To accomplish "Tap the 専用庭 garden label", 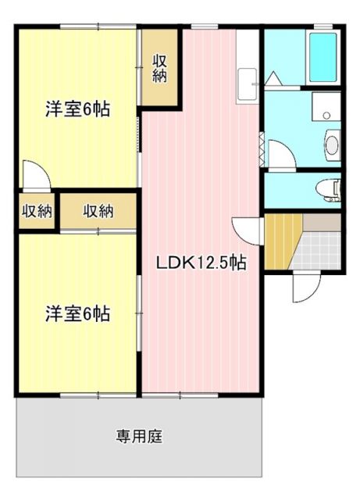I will (x=140, y=437).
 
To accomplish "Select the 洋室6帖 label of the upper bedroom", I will (x=77, y=109).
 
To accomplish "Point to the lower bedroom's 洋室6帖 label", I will (x=77, y=314).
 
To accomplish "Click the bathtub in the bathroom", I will (x=323, y=57).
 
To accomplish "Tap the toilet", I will (x=331, y=188).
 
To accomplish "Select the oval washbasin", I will (x=332, y=145).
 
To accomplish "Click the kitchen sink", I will (x=248, y=83).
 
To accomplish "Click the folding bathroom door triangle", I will (x=274, y=80).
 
